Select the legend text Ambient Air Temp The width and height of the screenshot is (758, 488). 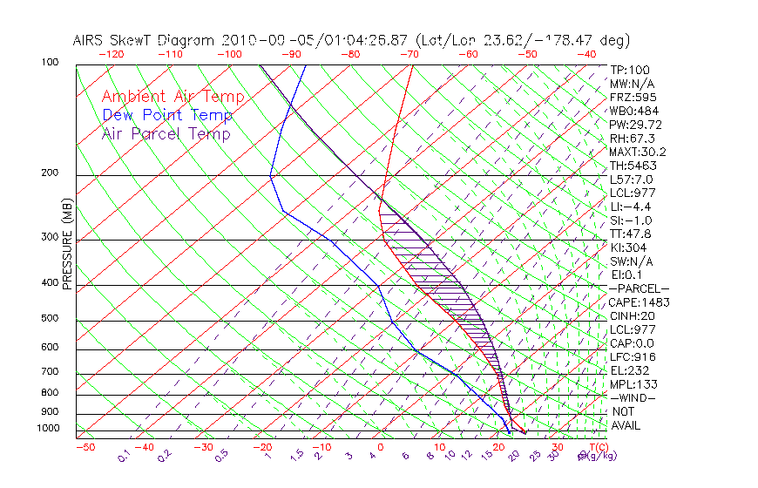pyautogui.click(x=173, y=97)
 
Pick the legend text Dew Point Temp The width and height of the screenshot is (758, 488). pyautogui.click(x=167, y=115)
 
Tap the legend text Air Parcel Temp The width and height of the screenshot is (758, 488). pyautogui.click(x=166, y=133)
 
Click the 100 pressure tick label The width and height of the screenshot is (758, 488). pyautogui.click(x=50, y=63)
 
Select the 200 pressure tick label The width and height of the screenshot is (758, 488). pyautogui.click(x=50, y=173)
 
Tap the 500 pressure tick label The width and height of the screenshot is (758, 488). pyautogui.click(x=50, y=319)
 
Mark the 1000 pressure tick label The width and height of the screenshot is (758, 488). pyautogui.click(x=47, y=429)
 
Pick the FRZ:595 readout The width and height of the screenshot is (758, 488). pyautogui.click(x=627, y=97)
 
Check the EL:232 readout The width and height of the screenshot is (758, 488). pyautogui.click(x=626, y=370)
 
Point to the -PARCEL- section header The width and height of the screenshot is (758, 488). pyautogui.click(x=639, y=288)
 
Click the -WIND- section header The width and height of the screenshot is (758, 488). pyautogui.click(x=633, y=397)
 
